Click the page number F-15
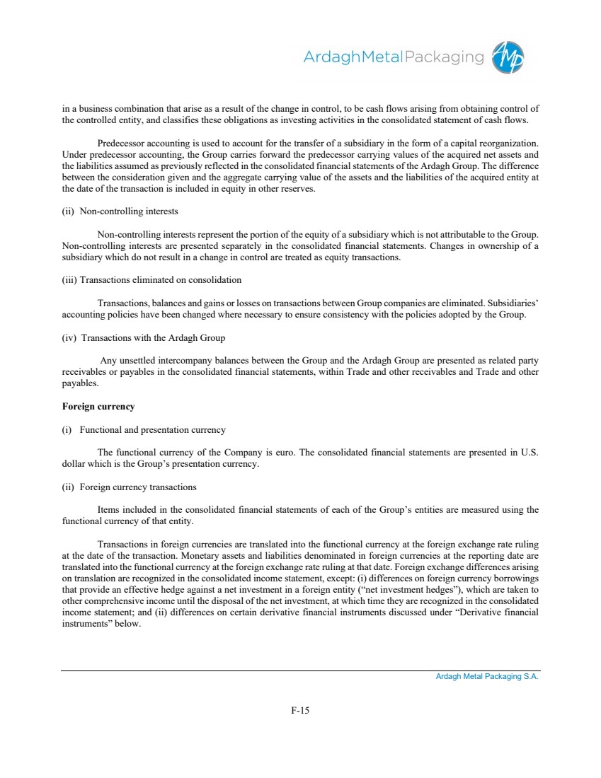pyautogui.click(x=300, y=711)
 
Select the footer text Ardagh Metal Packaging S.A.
pyautogui.click(x=487, y=677)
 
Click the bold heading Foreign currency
pyautogui.click(x=98, y=407)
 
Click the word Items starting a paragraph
pyautogui.click(x=109, y=510)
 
